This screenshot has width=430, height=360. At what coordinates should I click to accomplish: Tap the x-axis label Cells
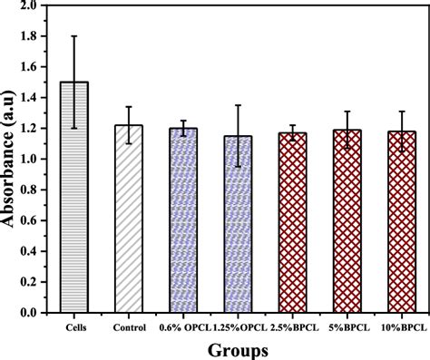tap(74, 326)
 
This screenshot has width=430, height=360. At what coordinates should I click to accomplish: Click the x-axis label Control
tap(129, 326)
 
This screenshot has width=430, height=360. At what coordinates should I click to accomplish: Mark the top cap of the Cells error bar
tap(74, 36)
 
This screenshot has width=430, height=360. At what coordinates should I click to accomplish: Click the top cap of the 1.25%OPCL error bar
tap(238, 105)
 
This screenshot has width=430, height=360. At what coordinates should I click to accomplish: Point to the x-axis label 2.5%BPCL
tap(292, 326)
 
